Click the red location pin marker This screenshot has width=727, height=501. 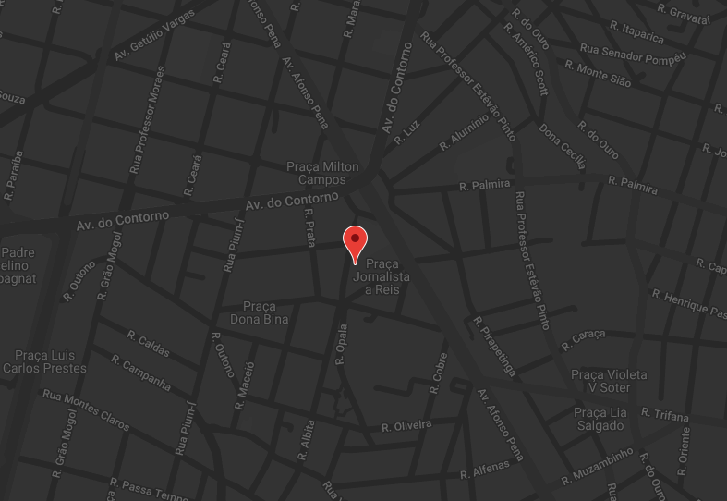click(355, 242)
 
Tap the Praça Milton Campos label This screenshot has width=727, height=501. click(322, 173)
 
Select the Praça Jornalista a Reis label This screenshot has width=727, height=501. click(381, 276)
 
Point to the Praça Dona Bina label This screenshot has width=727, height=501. click(259, 312)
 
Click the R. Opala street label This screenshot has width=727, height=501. click(341, 344)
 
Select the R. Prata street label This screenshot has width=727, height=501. click(309, 227)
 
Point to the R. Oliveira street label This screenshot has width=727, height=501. click(406, 426)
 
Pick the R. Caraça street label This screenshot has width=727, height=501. click(583, 338)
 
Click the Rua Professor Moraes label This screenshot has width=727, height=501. click(148, 119)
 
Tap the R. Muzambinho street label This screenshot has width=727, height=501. click(598, 464)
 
